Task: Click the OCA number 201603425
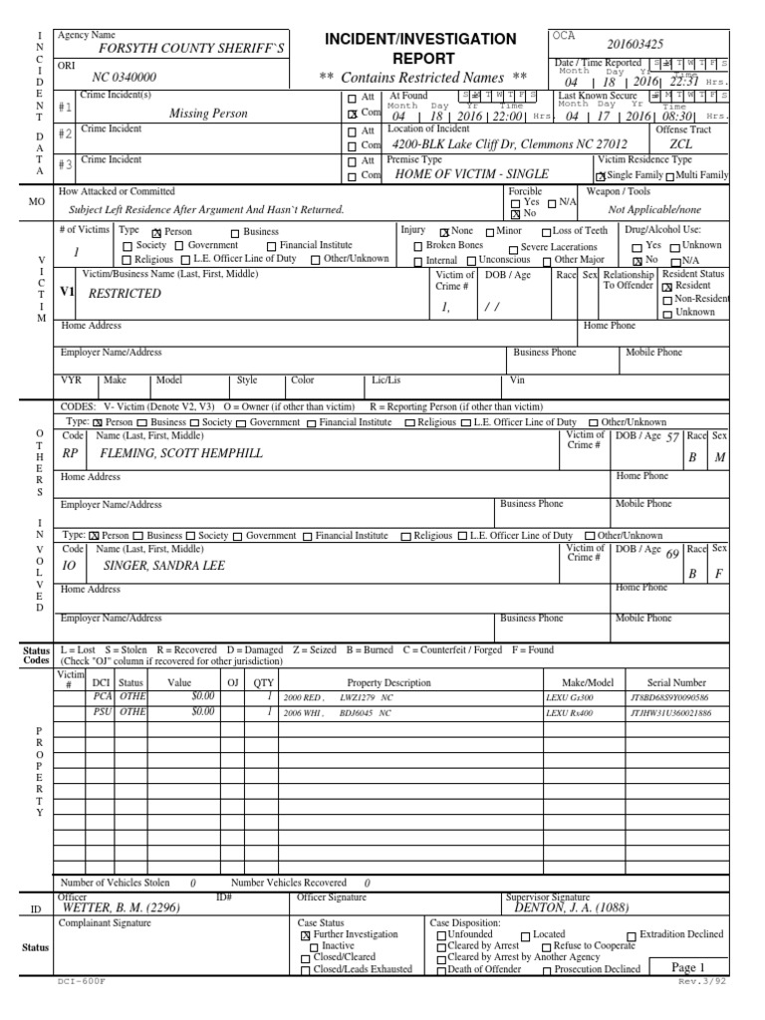click(636, 45)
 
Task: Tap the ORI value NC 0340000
click(124, 77)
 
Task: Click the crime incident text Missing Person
click(208, 114)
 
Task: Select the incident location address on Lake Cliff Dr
click(510, 143)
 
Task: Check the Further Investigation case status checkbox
click(305, 935)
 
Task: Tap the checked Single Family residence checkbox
click(601, 175)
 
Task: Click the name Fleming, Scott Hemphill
click(181, 453)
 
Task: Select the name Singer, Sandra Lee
click(164, 566)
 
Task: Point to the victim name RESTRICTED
click(125, 294)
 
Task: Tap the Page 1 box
click(688, 967)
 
